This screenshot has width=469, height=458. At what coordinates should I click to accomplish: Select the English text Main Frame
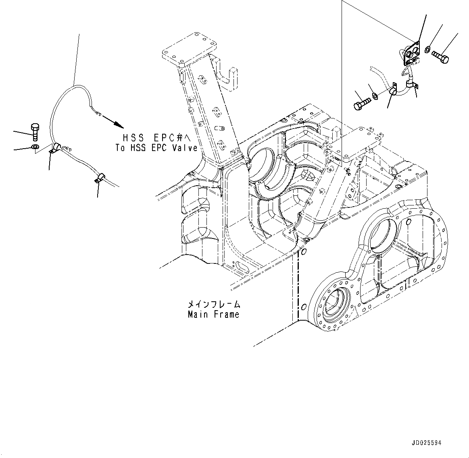pyautogui.click(x=213, y=314)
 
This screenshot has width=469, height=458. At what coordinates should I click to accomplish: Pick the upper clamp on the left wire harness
pyautogui.click(x=55, y=148)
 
